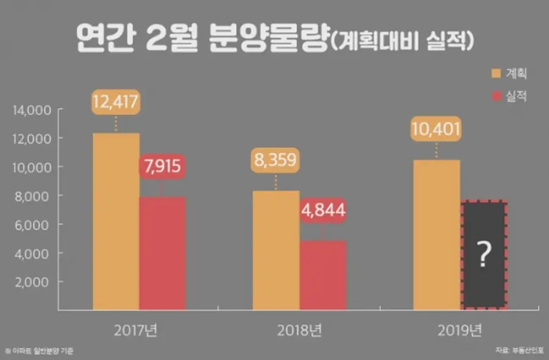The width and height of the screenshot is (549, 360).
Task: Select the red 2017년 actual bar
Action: tap(162, 253)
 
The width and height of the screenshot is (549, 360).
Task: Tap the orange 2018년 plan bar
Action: tap(276, 250)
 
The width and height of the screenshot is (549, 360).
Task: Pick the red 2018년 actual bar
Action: tap(323, 275)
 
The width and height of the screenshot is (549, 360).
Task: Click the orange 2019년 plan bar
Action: tap(436, 235)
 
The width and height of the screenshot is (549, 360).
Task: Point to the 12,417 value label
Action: tap(116, 102)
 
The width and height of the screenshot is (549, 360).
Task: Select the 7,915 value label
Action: tap(162, 166)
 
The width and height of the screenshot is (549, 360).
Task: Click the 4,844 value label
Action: tap(323, 211)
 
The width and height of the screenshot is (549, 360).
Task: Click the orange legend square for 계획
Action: tap(496, 74)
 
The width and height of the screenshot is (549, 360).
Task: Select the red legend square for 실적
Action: tap(496, 96)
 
